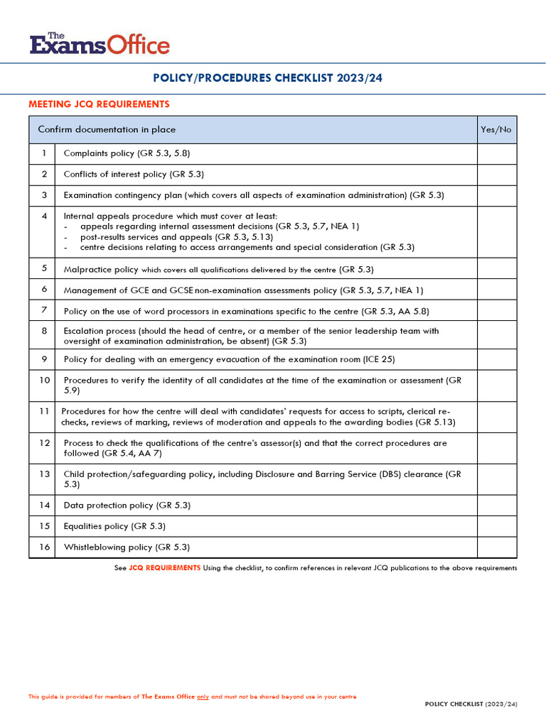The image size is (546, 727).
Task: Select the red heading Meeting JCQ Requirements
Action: click(x=99, y=104)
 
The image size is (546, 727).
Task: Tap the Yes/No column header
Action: click(x=496, y=129)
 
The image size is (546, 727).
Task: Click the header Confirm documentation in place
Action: click(x=107, y=129)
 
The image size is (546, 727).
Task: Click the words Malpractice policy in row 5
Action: click(x=100, y=269)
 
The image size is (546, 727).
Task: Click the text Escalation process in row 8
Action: click(x=99, y=331)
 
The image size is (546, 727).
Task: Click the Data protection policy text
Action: click(x=108, y=505)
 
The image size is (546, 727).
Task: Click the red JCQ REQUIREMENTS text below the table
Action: click(x=164, y=568)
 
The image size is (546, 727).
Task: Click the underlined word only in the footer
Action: click(x=203, y=696)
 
